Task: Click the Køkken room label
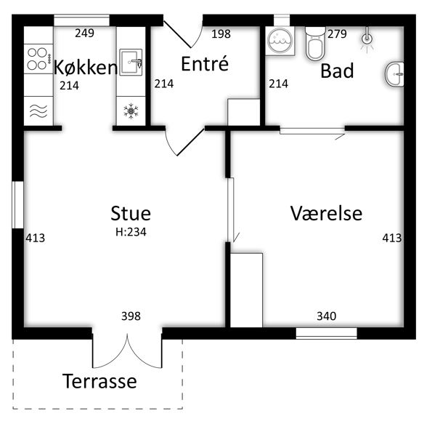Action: (x=86, y=68)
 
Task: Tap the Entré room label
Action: (x=205, y=63)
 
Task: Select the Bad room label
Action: (x=337, y=71)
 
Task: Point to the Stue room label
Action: (x=131, y=213)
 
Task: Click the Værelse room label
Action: (x=326, y=213)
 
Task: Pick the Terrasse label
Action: (x=99, y=381)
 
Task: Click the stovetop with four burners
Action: (x=38, y=59)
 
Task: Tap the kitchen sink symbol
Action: (x=131, y=62)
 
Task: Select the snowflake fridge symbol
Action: (x=131, y=111)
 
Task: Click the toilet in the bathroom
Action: (x=315, y=44)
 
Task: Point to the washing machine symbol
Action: (x=280, y=41)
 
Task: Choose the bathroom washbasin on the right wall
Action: (x=394, y=74)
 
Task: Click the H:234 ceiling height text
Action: (x=131, y=232)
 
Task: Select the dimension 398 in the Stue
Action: (x=131, y=316)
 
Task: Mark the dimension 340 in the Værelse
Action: (x=327, y=316)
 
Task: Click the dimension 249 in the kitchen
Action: (x=84, y=33)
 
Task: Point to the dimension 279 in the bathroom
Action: (x=337, y=33)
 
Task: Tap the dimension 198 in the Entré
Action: (x=221, y=33)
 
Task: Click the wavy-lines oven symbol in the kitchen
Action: (x=38, y=111)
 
